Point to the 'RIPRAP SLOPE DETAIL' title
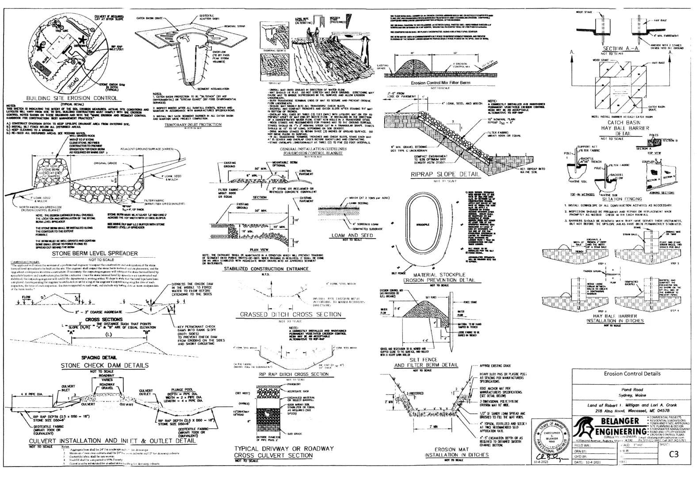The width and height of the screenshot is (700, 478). click(x=445, y=174)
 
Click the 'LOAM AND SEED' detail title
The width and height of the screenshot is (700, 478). click(x=352, y=235)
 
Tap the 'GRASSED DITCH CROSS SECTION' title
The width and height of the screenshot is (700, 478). click(x=291, y=314)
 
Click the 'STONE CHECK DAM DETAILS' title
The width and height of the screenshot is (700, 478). click(x=105, y=365)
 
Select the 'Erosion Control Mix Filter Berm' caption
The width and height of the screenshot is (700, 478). click(x=440, y=83)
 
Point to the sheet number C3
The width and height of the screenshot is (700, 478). click(x=674, y=454)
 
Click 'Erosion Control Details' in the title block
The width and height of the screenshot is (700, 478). click(x=632, y=374)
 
